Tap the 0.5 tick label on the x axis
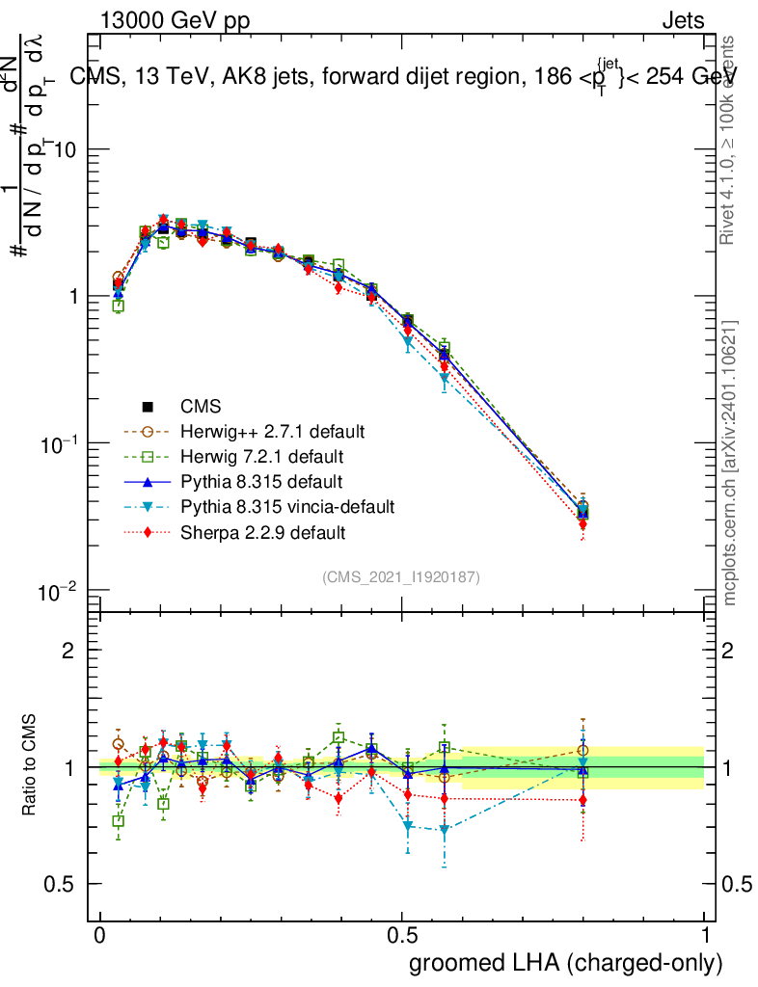pos(402,936)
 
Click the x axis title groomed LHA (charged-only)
pos(566,963)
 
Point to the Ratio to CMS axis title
pos(30,766)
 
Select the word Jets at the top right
pos(682,20)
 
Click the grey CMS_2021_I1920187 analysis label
pos(401,576)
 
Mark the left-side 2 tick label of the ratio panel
pos(68,651)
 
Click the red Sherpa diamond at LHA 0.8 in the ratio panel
pos(582,800)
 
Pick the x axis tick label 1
pos(705,936)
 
